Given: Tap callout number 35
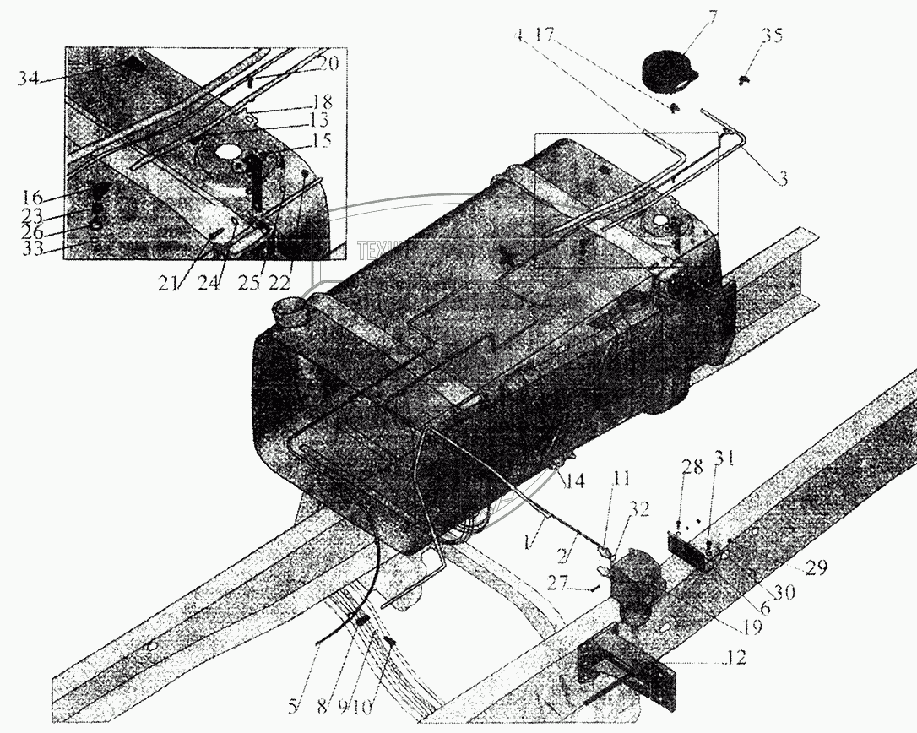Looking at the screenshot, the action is (771, 35).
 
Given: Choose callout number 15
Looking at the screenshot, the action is (321, 139).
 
